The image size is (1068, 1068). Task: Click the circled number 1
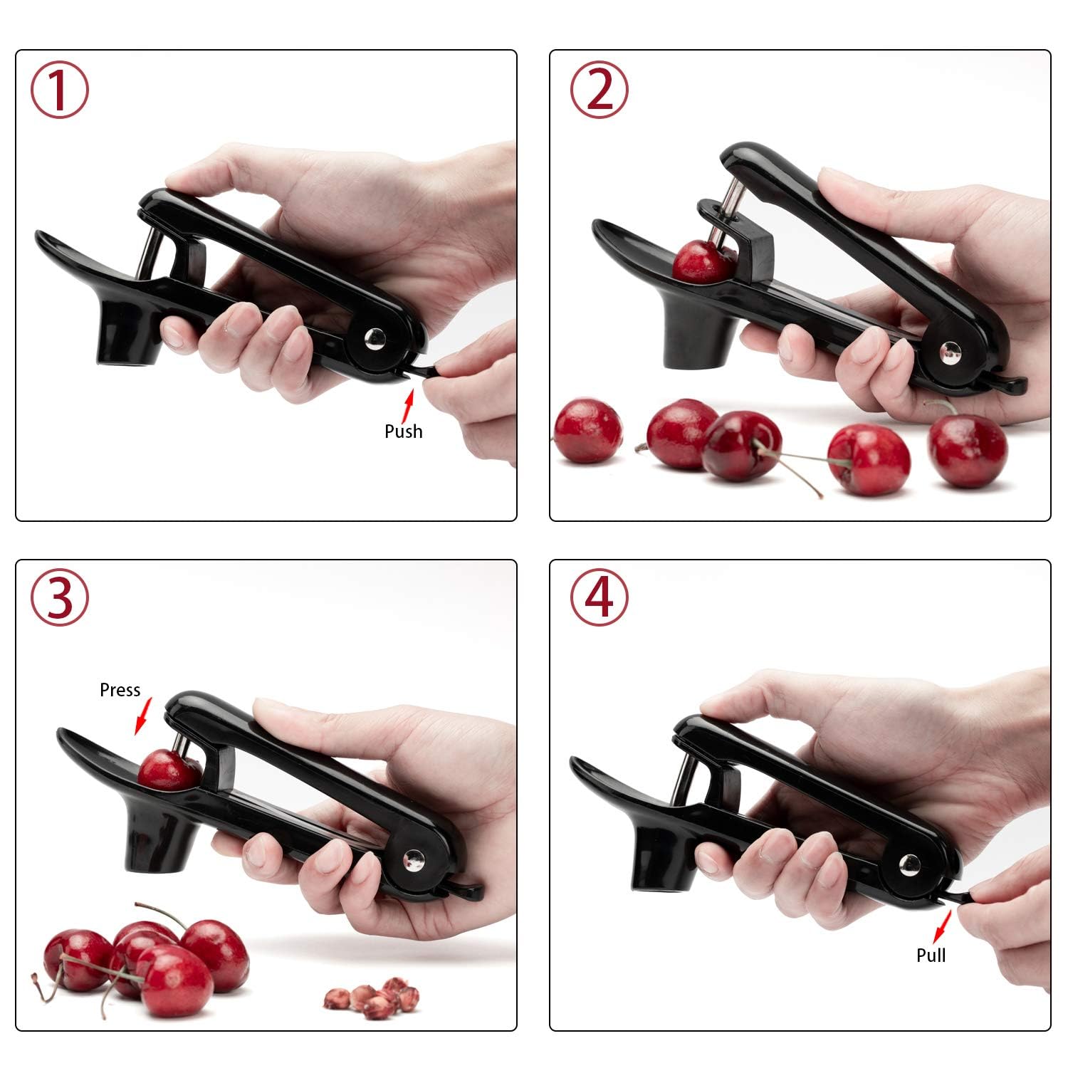[x=60, y=90]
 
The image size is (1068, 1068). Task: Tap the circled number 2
[x=599, y=90]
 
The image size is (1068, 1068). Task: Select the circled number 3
[x=60, y=598]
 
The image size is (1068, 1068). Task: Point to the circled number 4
[x=599, y=598]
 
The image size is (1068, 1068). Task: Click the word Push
[x=403, y=431]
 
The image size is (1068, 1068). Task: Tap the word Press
[x=120, y=690]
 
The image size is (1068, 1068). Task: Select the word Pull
[x=931, y=955]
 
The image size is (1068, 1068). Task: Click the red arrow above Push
[x=408, y=407]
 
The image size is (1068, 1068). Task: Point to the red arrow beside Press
[x=144, y=716]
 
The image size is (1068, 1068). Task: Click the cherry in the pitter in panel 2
[x=703, y=262]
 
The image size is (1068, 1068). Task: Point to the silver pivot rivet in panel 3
[x=412, y=860]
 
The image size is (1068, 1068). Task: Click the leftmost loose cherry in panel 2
[x=587, y=431]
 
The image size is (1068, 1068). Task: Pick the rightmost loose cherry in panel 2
[x=968, y=449]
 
